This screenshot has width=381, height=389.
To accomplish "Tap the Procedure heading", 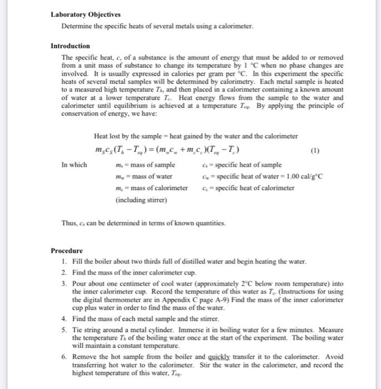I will [x=67, y=251].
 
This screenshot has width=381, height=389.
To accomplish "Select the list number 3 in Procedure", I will [x=65, y=283].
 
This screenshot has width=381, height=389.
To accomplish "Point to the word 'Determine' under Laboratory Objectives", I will [x=77, y=27].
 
